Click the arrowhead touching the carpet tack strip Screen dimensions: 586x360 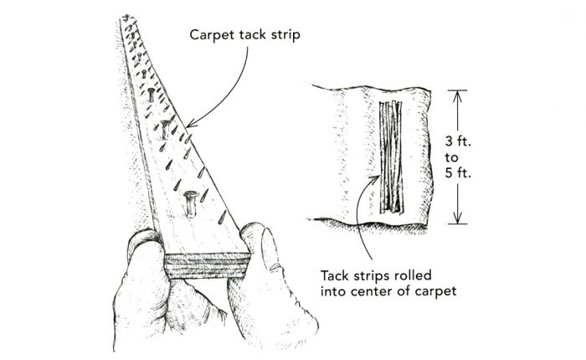[x=195, y=121]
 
